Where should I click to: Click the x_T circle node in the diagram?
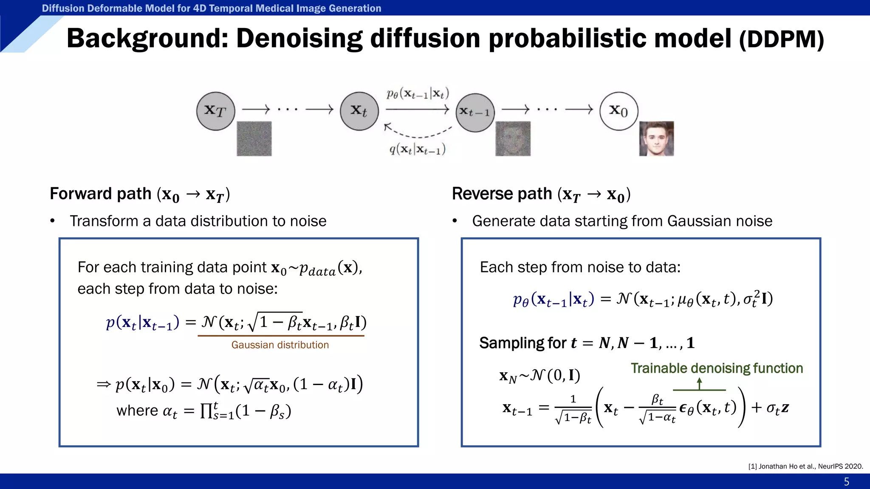click(x=215, y=111)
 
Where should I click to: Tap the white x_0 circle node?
click(x=619, y=111)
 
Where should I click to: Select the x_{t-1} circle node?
click(x=475, y=112)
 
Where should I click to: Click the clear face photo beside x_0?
click(x=656, y=139)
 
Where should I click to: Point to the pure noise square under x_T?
click(x=254, y=139)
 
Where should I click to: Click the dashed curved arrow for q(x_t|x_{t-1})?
click(x=418, y=132)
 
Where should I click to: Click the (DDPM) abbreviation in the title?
click(x=781, y=39)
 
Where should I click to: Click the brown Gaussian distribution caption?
click(x=280, y=345)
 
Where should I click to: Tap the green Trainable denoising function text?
click(x=717, y=368)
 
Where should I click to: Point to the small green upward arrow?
click(x=699, y=384)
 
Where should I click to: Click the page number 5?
click(x=846, y=482)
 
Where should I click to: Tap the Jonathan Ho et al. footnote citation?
click(x=805, y=466)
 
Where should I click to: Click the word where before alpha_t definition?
click(x=137, y=410)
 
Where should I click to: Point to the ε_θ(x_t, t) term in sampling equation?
click(x=707, y=407)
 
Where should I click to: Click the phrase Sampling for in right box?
click(x=523, y=343)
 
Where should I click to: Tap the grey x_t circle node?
click(x=359, y=111)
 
